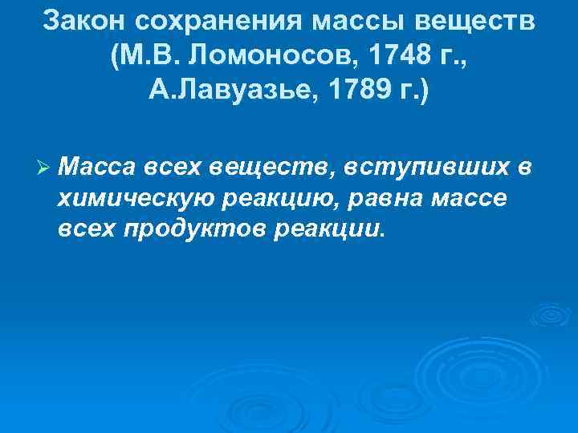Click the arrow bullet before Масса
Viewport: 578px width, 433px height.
pos(44,167)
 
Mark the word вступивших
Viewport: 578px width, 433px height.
pos(428,167)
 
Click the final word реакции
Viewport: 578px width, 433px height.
pos(329,229)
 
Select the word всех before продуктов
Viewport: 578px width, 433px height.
pos(87,229)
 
